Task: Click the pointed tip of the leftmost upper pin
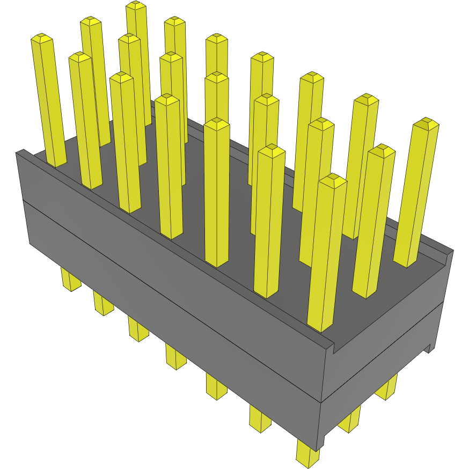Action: (41, 38)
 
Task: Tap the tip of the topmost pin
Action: (136, 5)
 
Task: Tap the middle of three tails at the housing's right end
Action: (350, 420)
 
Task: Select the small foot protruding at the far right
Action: (430, 349)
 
